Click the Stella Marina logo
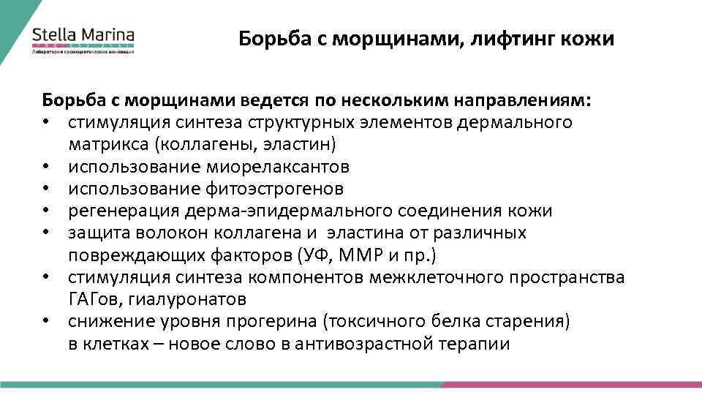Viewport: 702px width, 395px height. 83,39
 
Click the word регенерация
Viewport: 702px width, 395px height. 118,211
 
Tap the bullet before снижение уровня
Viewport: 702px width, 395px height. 45,323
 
